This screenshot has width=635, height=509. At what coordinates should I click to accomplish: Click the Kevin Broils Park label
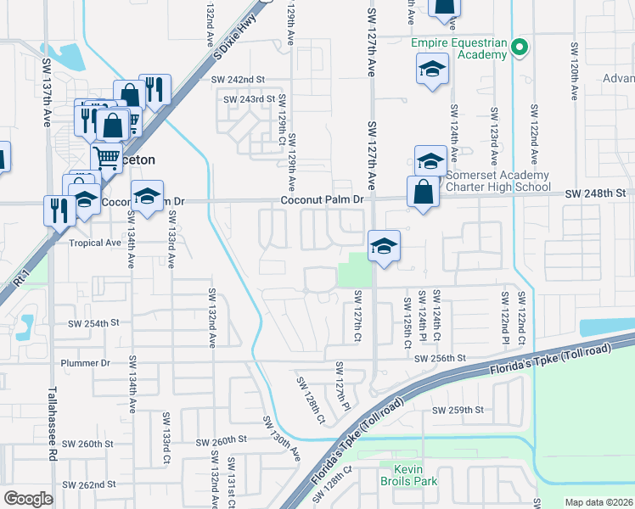(x=414, y=474)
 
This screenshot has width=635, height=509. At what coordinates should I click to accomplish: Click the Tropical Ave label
(x=95, y=243)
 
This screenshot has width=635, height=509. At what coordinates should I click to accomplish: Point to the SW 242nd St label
(x=240, y=80)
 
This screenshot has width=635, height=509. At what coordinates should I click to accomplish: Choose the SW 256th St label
(x=442, y=359)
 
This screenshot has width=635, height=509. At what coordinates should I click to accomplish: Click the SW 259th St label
(x=458, y=410)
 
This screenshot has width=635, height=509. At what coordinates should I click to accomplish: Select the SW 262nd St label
(x=93, y=484)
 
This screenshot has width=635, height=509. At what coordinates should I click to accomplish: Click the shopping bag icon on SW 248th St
(x=423, y=193)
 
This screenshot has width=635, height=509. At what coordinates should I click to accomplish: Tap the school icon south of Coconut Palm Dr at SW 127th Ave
(x=384, y=247)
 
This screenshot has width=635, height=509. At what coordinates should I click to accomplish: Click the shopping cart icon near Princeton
(x=106, y=157)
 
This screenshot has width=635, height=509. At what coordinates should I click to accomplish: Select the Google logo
(x=29, y=499)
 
